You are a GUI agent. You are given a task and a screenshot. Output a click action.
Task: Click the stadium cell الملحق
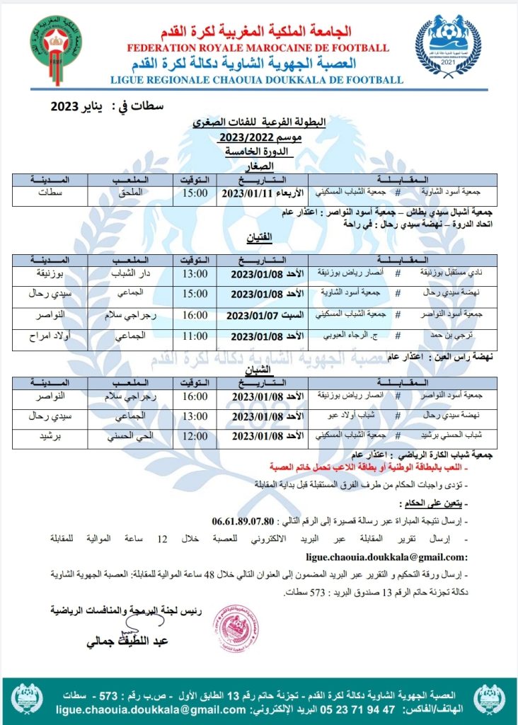(x=128, y=193)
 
